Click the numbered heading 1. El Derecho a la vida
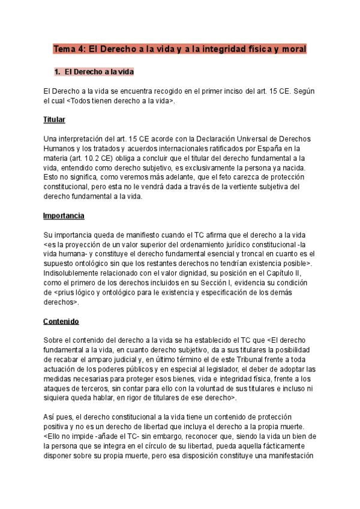[x=94, y=72]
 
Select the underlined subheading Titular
[x=54, y=120]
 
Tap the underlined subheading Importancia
[x=64, y=215]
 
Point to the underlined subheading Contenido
[x=61, y=321]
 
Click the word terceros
[x=93, y=388]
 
